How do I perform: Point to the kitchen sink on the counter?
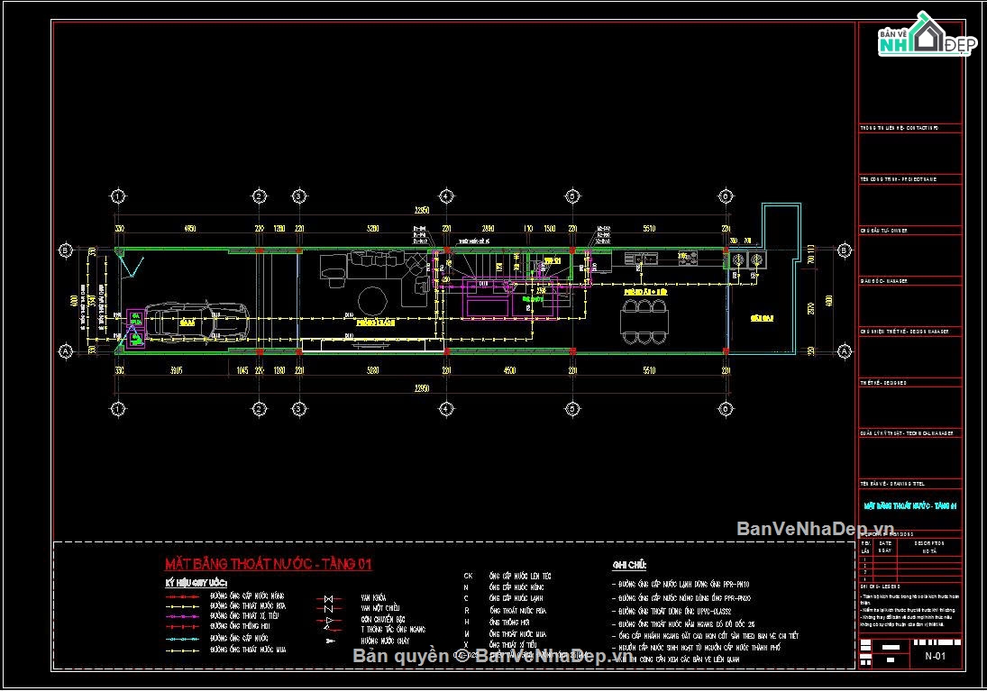click(x=647, y=259)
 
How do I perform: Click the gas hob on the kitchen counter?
click(x=687, y=259)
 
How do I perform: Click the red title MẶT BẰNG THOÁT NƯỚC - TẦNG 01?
click(x=268, y=565)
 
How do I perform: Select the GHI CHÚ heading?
click(x=630, y=565)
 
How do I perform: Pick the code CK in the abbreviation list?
click(x=468, y=575)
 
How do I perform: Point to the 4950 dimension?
click(x=190, y=229)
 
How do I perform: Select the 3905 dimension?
click(x=174, y=369)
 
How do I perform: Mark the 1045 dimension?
click(x=242, y=369)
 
